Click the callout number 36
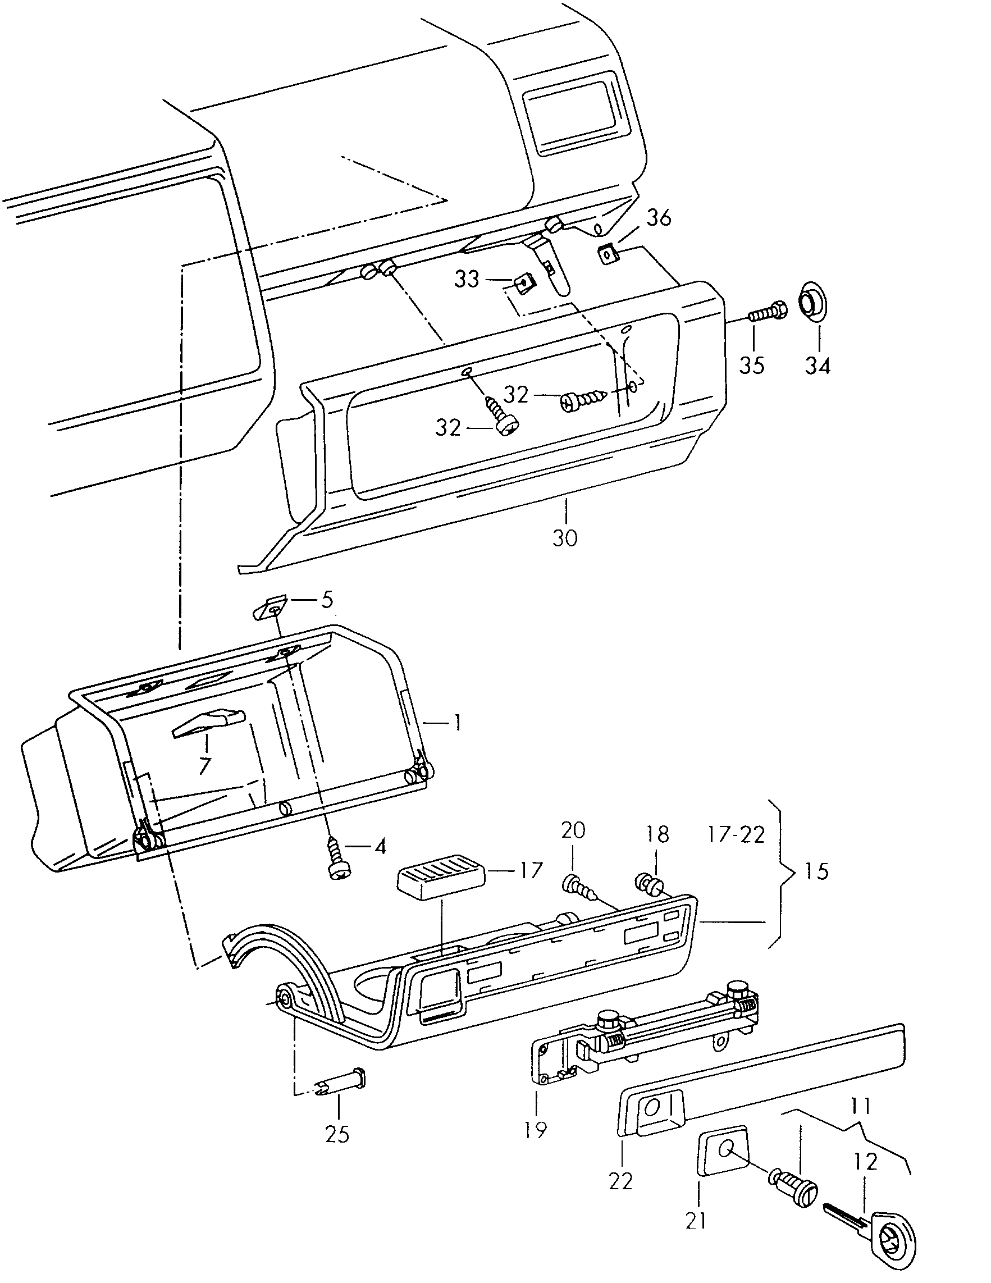pyautogui.click(x=658, y=218)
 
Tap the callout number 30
pyautogui.click(x=565, y=537)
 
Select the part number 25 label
pyautogui.click(x=338, y=1134)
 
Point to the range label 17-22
pyautogui.click(x=736, y=834)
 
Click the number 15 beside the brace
pyautogui.click(x=816, y=871)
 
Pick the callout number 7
pyautogui.click(x=204, y=766)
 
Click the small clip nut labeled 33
pyautogui.click(x=523, y=284)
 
